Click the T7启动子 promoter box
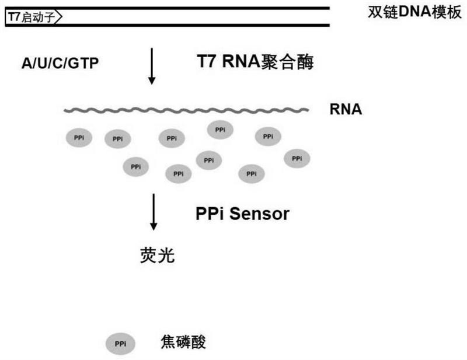coord(33,17)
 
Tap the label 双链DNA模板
coord(414,12)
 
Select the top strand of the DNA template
coord(168,8)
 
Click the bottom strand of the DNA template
coord(168,25)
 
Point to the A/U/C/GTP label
coord(60,64)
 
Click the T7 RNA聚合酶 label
coord(255,62)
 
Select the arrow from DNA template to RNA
coord(152,66)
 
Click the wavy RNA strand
coord(186,110)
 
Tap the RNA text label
coord(346,109)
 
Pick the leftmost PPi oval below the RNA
coord(79,138)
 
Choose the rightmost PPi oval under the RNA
coord(297,159)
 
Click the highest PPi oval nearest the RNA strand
coord(220,130)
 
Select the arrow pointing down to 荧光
coord(154,212)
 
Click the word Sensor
coord(259,214)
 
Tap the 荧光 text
coord(157,255)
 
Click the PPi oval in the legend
coord(120,344)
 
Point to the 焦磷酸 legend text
coord(183,342)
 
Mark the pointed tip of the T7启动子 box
coord(62,17)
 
